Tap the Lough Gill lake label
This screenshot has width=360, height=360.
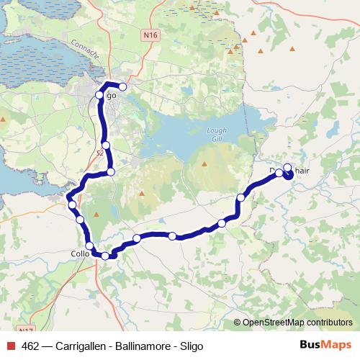point(219,135)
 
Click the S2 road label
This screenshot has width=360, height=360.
point(99,153)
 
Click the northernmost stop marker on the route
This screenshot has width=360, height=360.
point(122,87)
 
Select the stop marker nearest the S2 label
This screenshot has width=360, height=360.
point(106,145)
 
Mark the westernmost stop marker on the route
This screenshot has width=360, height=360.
point(73,205)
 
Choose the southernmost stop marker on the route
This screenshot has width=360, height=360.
point(105,256)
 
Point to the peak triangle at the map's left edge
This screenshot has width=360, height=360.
point(4,119)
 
